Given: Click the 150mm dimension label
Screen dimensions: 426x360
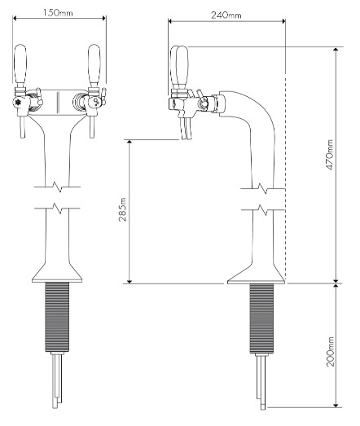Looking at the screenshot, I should pos(55,13).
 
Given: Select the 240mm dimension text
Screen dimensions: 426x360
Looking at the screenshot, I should pos(226,15).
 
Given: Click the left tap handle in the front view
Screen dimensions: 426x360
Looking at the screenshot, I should pos(21,68).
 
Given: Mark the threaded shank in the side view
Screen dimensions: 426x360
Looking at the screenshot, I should pos(257,318).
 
